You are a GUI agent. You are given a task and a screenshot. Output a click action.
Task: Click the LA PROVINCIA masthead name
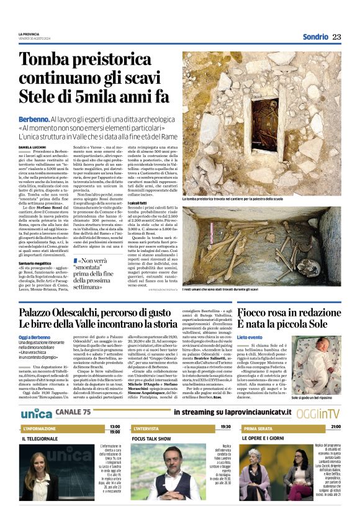tap(29, 34)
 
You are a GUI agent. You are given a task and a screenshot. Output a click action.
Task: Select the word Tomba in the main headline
tap(48, 61)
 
